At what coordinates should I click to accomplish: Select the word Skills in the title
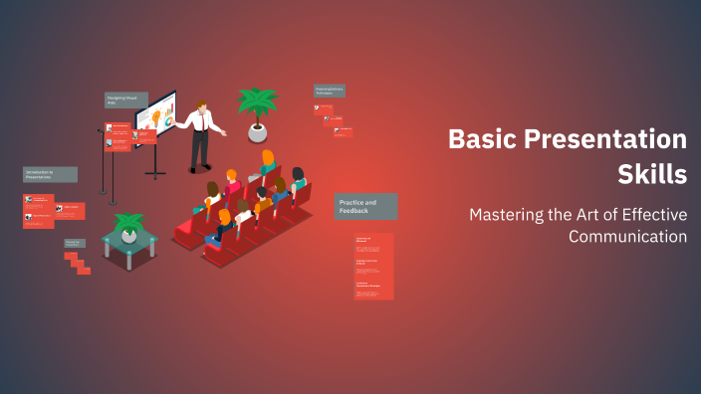click(x=652, y=174)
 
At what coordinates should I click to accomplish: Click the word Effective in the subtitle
click(x=649, y=213)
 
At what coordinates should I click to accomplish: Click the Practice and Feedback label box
click(x=366, y=206)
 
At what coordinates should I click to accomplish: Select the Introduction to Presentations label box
click(x=50, y=174)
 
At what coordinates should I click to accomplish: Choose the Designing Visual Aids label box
click(x=125, y=99)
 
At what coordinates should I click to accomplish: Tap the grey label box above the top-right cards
click(x=330, y=91)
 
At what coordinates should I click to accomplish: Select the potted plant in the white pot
click(x=257, y=113)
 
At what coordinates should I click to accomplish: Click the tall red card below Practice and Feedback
click(x=373, y=266)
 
